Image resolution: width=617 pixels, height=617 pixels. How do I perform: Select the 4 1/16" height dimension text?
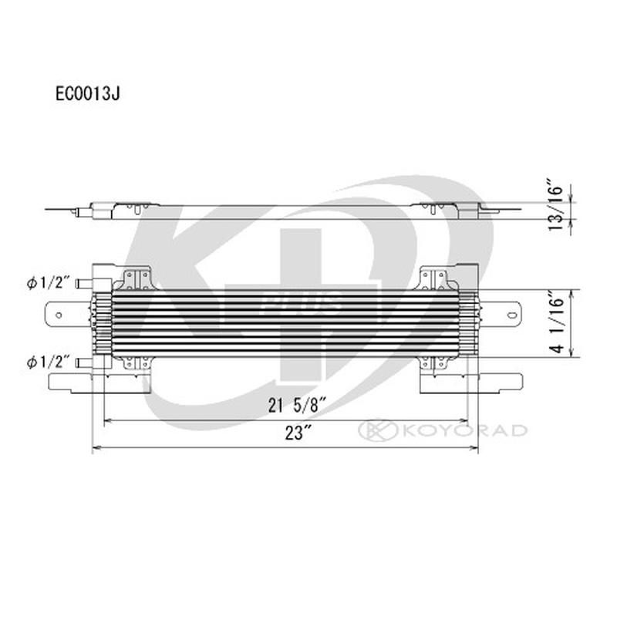point(554,323)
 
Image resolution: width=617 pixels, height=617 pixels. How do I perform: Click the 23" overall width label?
point(291,434)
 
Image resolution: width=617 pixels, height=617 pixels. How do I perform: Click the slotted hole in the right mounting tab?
point(511,313)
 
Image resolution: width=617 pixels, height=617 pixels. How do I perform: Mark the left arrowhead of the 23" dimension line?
point(96,448)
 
